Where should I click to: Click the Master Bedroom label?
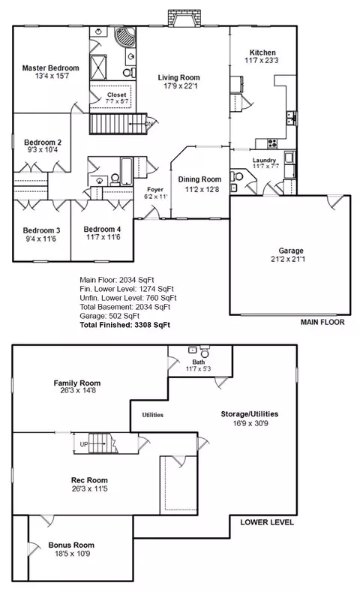click(x=50, y=68)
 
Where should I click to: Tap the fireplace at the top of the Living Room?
click(x=184, y=18)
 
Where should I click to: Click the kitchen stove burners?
click(x=272, y=143)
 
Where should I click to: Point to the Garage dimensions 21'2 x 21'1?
click(x=288, y=259)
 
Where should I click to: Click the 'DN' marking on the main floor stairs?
click(x=149, y=124)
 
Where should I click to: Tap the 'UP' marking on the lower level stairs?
click(x=84, y=444)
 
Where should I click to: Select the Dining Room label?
click(x=199, y=179)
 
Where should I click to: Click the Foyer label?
click(x=155, y=190)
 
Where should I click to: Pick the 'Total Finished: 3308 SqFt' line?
click(x=125, y=325)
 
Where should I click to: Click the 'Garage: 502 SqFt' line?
click(x=109, y=316)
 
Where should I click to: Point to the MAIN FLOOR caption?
click(x=322, y=322)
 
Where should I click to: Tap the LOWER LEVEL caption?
click(x=267, y=522)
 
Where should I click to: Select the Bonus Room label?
click(x=71, y=545)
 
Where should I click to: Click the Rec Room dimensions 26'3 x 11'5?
click(x=90, y=488)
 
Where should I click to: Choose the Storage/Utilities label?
click(x=250, y=414)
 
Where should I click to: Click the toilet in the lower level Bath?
click(x=205, y=351)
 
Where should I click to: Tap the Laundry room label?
click(x=264, y=161)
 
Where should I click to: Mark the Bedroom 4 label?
click(x=102, y=229)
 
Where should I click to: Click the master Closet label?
click(x=116, y=95)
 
